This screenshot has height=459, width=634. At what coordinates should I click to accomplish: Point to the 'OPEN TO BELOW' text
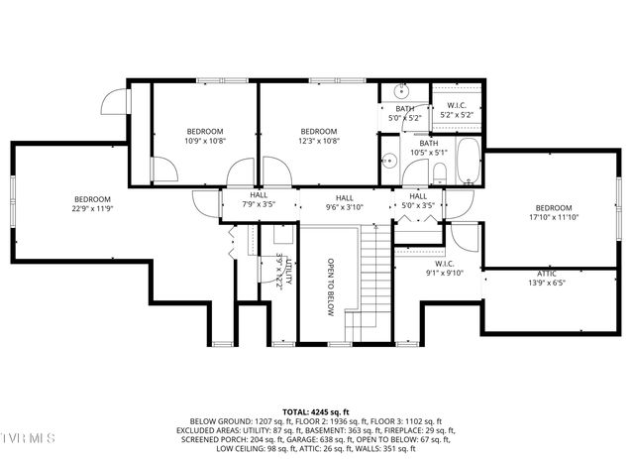[331, 287]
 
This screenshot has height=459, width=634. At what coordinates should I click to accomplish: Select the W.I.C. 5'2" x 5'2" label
[456, 110]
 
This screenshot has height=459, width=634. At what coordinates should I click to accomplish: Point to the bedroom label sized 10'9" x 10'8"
[205, 141]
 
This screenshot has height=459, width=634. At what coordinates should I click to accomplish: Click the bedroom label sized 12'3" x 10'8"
[318, 141]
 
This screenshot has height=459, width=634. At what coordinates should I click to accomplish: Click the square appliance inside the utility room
[282, 236]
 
